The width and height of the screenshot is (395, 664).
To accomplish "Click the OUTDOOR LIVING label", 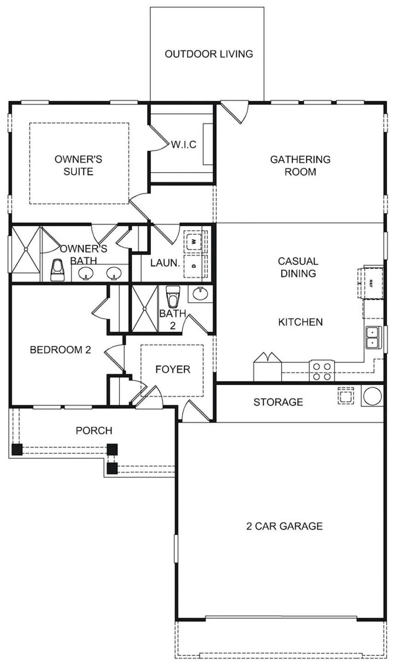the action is [209, 54].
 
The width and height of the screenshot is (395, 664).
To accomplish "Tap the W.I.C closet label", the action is [184, 145].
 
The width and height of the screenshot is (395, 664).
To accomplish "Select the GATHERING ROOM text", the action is [300, 165].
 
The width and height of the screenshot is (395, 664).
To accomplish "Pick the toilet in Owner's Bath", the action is [57, 270].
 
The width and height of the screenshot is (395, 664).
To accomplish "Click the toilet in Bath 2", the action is [173, 296].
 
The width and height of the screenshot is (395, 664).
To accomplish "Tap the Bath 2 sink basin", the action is [201, 294].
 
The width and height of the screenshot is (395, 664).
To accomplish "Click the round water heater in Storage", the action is [372, 396].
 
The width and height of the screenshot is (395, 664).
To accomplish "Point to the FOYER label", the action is [173, 369].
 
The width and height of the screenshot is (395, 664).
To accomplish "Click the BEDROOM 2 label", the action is [61, 350].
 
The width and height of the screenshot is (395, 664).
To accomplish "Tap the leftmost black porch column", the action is [17, 449].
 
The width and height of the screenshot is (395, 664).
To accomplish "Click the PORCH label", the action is [94, 431].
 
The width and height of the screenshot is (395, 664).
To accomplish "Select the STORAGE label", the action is [278, 402].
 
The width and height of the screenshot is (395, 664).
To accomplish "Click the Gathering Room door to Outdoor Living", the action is [235, 113].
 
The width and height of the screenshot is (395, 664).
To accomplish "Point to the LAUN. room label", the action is [165, 263].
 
